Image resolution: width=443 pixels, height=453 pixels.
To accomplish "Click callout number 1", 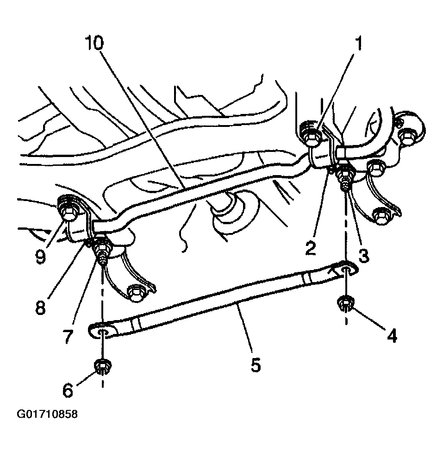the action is click(358, 44).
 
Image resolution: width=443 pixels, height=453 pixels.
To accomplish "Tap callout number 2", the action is click(311, 247).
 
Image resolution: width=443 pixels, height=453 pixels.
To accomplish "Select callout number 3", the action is click(363, 255).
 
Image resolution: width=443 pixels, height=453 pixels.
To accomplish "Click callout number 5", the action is click(256, 365).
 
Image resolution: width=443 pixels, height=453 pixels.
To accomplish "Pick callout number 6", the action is click(68, 390).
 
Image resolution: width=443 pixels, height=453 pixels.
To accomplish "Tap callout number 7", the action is click(68, 336).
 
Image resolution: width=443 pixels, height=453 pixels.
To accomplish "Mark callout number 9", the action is click(40, 256).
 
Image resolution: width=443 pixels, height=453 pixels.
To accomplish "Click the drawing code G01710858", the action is click(47, 414).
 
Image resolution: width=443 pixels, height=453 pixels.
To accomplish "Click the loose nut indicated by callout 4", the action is click(344, 305).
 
